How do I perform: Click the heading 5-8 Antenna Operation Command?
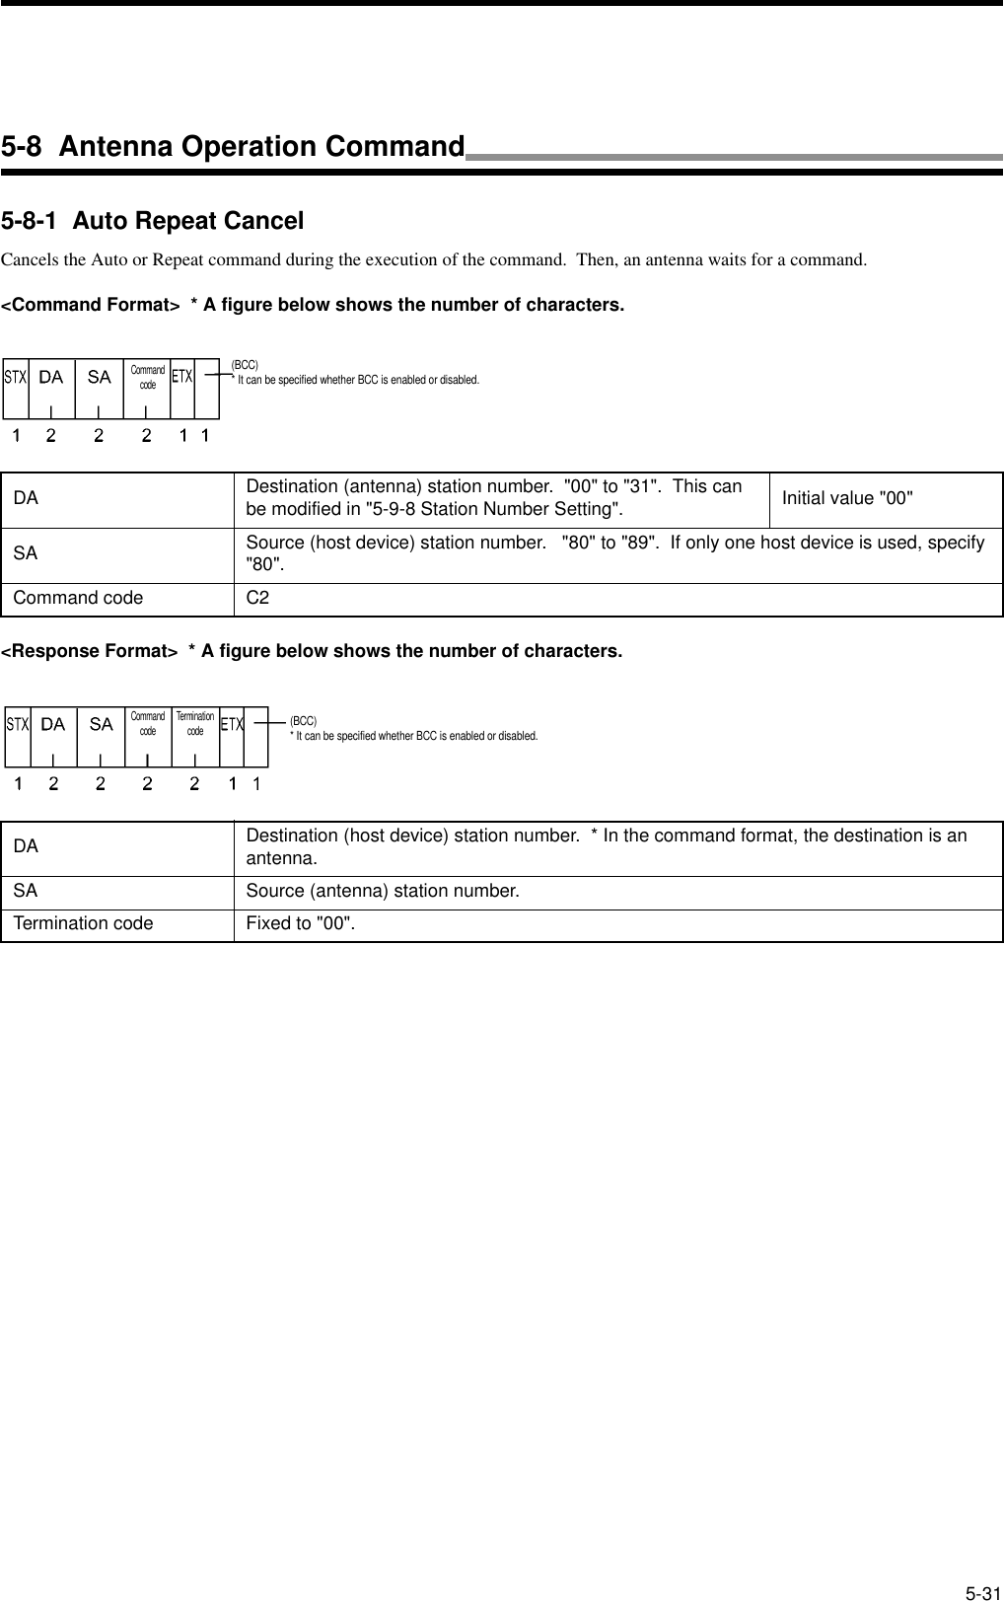[233, 147]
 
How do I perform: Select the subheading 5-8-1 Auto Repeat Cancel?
[153, 221]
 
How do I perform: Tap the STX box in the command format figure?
[15, 377]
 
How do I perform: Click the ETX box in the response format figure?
[232, 725]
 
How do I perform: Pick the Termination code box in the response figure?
[195, 724]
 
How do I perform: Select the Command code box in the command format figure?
[147, 378]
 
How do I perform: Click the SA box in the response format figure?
[101, 724]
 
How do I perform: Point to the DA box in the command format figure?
[50, 377]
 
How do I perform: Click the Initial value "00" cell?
[847, 497]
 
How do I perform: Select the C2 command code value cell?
[257, 598]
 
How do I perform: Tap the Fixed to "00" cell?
[301, 923]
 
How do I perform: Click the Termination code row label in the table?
[83, 923]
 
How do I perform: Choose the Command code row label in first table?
[78, 598]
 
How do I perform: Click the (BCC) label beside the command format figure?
[245, 365]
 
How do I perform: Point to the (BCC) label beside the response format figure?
[303, 722]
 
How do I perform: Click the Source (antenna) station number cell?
[383, 891]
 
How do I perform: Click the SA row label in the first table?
[26, 553]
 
